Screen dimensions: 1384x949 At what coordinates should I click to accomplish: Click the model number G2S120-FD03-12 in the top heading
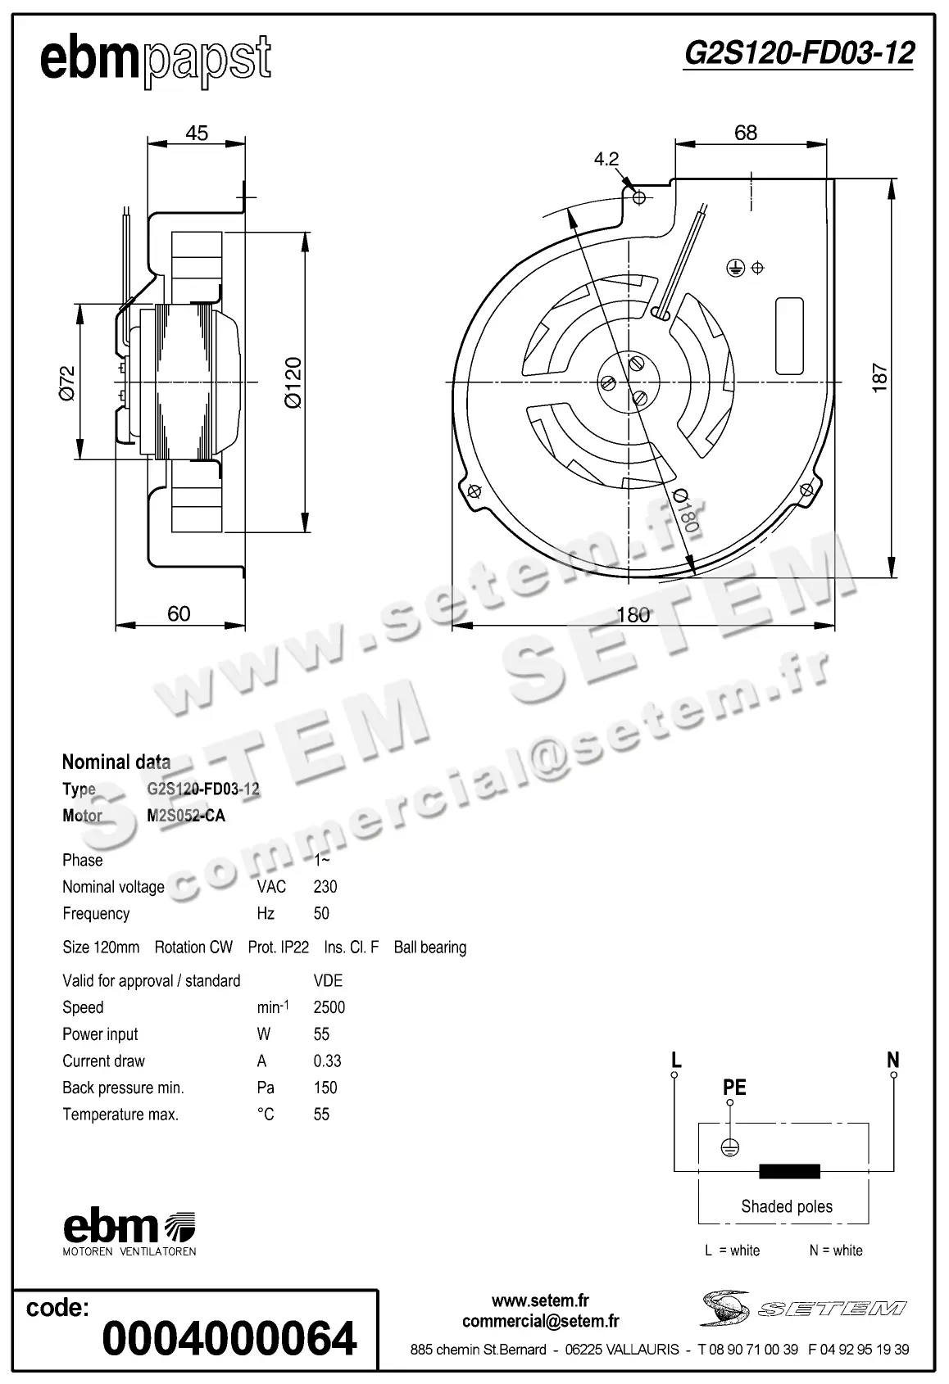click(798, 53)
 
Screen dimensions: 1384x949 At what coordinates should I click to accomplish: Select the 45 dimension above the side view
click(197, 133)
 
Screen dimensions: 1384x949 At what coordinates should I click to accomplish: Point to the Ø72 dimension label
click(67, 382)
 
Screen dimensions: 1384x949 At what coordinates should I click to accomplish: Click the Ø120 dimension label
click(293, 382)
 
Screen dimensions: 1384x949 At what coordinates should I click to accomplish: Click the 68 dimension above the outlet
click(746, 133)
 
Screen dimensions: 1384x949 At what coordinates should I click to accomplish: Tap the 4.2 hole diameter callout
click(606, 159)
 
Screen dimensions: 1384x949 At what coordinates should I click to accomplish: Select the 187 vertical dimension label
click(880, 378)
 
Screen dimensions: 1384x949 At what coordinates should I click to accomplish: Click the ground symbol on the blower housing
click(735, 267)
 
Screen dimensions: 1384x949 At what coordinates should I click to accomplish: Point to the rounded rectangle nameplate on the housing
click(788, 336)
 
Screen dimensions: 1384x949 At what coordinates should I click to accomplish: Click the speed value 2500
click(329, 1007)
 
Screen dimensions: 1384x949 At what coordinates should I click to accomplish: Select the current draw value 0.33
click(327, 1061)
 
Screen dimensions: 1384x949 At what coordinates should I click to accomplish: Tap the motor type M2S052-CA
click(186, 816)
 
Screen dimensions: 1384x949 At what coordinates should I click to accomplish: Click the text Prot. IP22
click(279, 947)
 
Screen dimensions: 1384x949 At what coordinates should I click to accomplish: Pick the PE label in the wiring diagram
click(734, 1087)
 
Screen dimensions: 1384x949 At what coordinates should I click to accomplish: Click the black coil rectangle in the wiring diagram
click(789, 1171)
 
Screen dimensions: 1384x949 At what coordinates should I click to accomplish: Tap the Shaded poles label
click(786, 1206)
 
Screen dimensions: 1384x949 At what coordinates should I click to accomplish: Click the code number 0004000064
click(229, 1337)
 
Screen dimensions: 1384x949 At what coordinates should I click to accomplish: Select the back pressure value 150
click(325, 1088)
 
